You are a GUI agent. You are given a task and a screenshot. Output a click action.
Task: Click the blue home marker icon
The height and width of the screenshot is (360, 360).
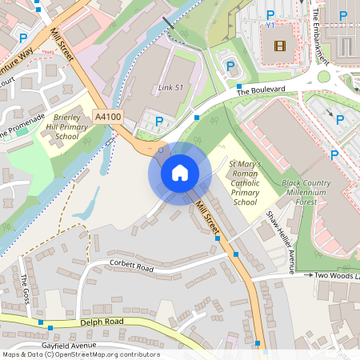coord(180,173)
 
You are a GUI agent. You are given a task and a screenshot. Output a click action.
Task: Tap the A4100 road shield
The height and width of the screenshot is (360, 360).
coord(108,117)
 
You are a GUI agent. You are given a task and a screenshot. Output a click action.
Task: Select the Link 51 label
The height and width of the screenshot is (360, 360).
coord(170,86)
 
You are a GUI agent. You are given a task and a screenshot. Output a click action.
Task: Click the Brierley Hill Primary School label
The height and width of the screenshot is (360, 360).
coord(66,126)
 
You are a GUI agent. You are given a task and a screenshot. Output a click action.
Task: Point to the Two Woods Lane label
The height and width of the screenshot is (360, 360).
coord(336,274)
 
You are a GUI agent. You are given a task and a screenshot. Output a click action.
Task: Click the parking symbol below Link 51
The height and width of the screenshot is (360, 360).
coord(159,122)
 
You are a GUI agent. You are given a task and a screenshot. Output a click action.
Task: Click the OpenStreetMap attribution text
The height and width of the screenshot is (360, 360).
coord(81,354)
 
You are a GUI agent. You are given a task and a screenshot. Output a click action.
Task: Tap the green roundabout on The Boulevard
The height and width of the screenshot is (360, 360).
coord(324,78)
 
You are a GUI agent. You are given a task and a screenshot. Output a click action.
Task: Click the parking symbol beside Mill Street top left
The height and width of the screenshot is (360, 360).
coord(23,38)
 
